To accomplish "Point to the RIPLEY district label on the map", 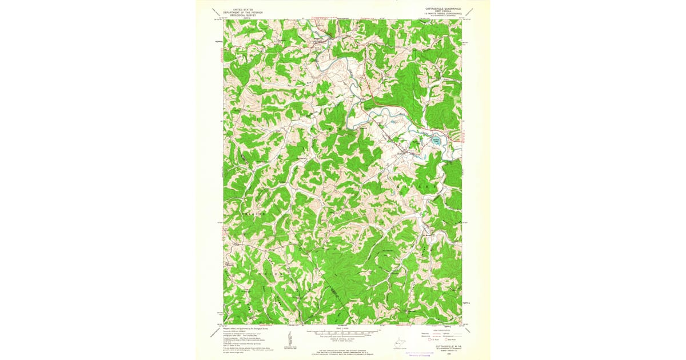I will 416,186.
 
